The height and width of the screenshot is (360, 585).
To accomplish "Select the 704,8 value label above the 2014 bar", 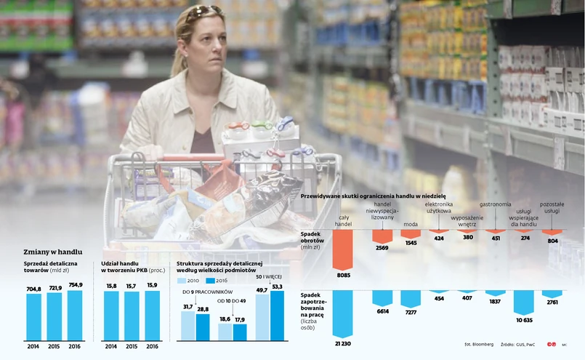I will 34,289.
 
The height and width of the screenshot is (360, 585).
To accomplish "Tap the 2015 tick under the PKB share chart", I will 132,346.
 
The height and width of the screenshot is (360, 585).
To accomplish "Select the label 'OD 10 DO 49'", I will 233,300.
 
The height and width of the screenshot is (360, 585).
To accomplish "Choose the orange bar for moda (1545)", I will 411,233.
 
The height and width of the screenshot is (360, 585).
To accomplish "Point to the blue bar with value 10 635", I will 524,301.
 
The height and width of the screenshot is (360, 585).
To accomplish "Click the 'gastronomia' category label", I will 496,204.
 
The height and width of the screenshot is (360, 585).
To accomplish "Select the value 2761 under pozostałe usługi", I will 552,301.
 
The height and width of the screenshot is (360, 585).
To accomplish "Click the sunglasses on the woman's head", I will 203,12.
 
